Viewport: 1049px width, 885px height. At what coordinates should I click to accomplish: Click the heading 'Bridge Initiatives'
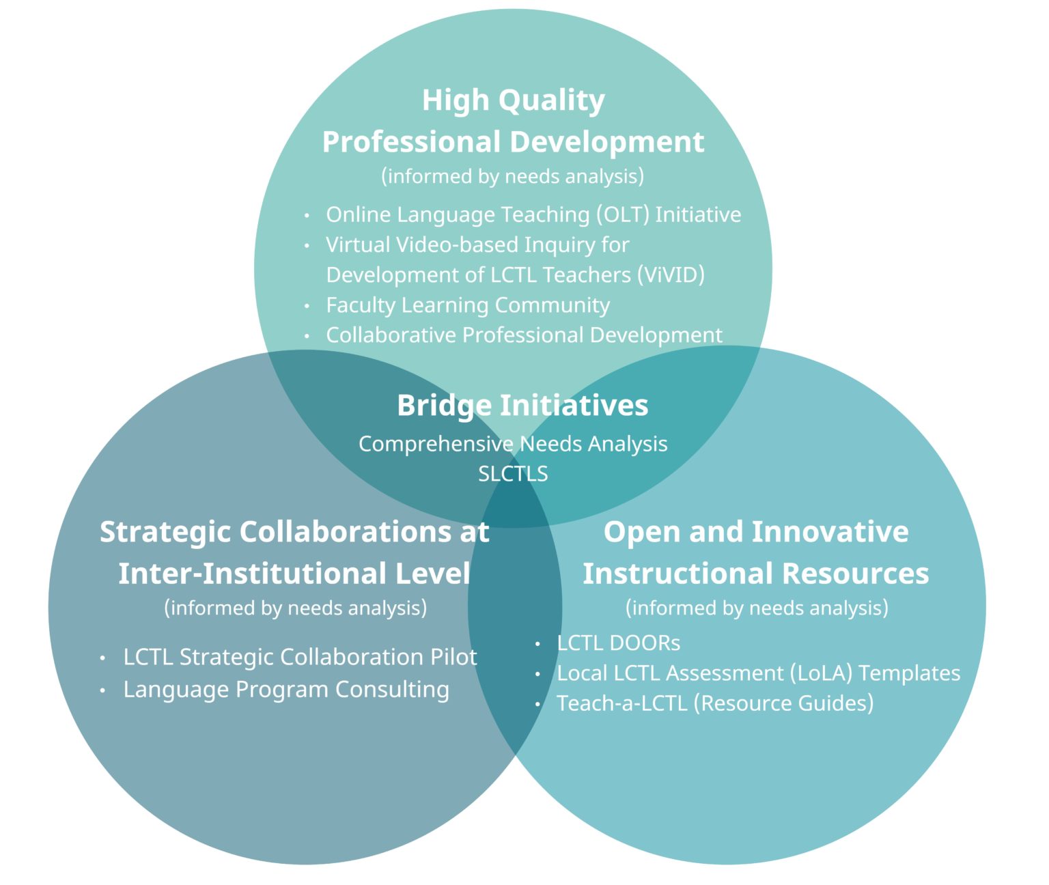(x=522, y=406)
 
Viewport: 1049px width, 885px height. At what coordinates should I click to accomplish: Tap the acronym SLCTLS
(x=513, y=474)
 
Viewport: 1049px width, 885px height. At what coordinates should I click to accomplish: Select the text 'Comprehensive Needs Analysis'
(x=513, y=444)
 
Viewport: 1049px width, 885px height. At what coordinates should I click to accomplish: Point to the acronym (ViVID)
(x=671, y=275)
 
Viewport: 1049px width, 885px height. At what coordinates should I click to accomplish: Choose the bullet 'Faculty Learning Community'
(x=468, y=305)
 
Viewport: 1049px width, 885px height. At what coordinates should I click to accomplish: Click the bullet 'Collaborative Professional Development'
(x=524, y=335)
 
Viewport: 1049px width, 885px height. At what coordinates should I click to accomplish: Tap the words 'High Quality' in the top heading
(x=513, y=100)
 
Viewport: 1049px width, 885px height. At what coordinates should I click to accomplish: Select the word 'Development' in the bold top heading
(x=607, y=142)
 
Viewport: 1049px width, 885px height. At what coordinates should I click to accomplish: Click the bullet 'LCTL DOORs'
(x=619, y=643)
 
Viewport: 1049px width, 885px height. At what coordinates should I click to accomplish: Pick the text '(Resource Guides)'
(x=783, y=703)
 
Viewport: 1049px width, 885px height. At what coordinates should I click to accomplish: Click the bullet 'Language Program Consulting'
(x=286, y=690)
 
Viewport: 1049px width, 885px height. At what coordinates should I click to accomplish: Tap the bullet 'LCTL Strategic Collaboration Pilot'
(x=300, y=657)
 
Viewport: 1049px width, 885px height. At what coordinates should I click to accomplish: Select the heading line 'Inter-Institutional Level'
(x=294, y=574)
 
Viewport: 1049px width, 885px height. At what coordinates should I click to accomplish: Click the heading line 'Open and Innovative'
(x=756, y=531)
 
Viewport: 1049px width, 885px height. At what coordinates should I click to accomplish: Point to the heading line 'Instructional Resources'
(x=755, y=574)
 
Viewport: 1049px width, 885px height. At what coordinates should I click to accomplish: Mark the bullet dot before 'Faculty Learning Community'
(x=307, y=306)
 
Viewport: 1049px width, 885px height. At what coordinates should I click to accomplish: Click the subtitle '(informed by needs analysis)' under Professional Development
(x=512, y=176)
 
